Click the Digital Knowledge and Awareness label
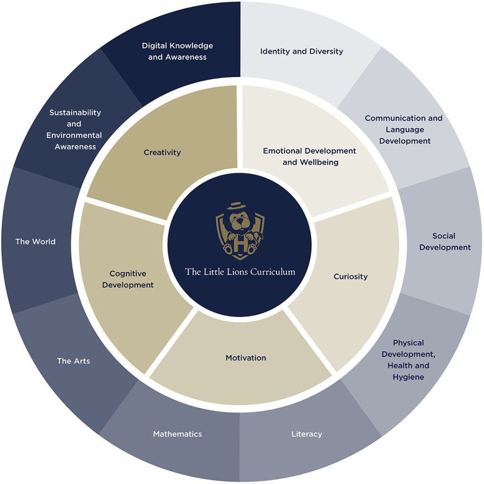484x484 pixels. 178,51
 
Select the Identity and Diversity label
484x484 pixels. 302,51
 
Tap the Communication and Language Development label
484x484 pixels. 404,130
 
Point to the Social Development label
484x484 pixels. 445,242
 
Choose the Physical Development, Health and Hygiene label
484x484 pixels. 408,360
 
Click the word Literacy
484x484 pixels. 306,434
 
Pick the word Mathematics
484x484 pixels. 178,434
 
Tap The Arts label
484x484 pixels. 73,361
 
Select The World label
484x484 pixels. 35,242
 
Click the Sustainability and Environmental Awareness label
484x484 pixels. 74,130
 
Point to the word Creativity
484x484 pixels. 162,153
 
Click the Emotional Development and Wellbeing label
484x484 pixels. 310,156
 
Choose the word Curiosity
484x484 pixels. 351,277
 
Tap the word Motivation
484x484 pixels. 246,358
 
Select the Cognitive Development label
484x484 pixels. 128,279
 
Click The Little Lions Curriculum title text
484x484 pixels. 240,272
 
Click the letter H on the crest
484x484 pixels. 241,245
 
